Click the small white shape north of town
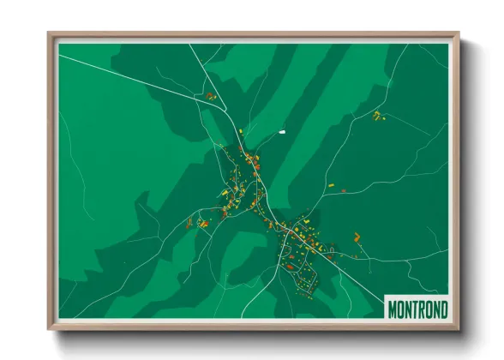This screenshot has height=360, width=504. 281,132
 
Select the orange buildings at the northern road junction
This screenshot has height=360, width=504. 210,96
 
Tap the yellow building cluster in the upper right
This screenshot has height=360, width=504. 377,114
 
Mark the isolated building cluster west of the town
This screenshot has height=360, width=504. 203,224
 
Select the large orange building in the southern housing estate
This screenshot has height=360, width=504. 290,266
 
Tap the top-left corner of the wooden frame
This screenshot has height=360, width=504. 50,34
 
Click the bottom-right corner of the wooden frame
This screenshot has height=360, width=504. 458,328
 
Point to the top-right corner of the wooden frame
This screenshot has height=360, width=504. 458,34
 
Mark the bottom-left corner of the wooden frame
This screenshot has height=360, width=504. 50,328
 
